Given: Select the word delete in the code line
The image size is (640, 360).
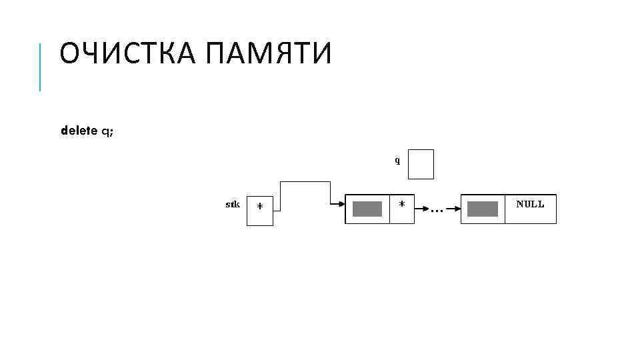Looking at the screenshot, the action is click(79, 131).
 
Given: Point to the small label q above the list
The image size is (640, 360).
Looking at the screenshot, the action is click(397, 161).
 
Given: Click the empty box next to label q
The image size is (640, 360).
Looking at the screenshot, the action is click(421, 164).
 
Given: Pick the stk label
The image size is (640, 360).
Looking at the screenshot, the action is click(233, 204).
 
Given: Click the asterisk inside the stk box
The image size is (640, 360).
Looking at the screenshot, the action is click(260, 207).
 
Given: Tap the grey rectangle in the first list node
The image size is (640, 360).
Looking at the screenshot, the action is click(367, 209).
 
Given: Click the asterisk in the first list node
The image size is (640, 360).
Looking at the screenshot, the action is click(401, 204).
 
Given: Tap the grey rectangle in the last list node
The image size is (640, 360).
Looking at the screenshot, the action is click(483, 209).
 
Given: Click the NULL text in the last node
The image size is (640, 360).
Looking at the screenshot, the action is click(530, 204).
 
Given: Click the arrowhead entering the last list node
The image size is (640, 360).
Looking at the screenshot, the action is click(455, 209).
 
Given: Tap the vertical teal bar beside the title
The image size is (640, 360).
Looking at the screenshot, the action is click(41, 67).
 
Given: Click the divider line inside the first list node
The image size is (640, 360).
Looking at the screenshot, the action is click(389, 209).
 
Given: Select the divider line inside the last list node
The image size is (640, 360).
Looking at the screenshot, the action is click(505, 209).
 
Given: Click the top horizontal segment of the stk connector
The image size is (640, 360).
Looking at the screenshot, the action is click(305, 181).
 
